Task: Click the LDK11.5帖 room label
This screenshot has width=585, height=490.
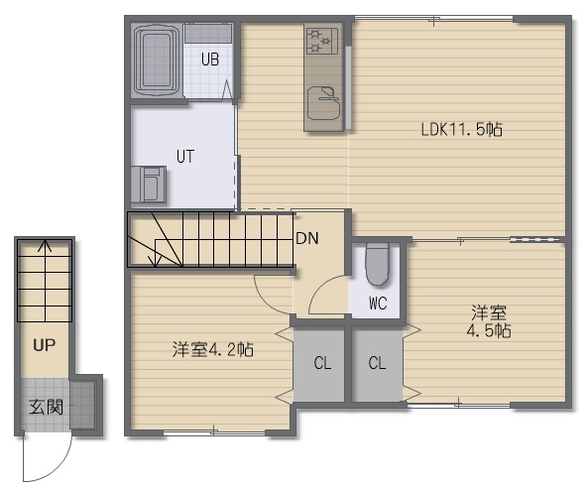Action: pos(461,130)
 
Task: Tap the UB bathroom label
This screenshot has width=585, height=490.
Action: pos(210,60)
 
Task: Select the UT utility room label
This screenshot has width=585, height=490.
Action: pos(185,157)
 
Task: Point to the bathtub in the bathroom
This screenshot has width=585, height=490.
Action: pos(157,60)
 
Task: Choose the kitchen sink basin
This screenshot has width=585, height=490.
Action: pos(324,103)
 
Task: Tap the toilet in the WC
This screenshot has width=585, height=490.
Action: pos(377,264)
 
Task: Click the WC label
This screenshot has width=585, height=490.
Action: pos(378,304)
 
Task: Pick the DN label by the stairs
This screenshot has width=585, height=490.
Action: pos(307,238)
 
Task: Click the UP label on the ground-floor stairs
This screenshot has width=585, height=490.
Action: pos(45,345)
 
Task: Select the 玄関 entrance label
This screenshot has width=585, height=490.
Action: pos(46,407)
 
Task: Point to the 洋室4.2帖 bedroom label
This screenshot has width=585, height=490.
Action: pos(212,350)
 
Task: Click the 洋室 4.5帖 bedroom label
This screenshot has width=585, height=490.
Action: pos(489,321)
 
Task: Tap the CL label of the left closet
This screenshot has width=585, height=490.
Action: pos(322,363)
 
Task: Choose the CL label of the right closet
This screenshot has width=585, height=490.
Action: pos(377,363)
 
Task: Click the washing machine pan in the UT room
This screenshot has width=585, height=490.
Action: pos(148,184)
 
